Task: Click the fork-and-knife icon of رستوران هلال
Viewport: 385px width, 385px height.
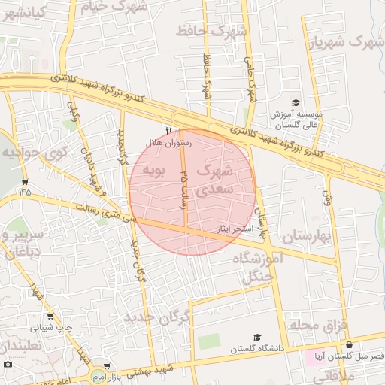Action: click(x=168, y=129)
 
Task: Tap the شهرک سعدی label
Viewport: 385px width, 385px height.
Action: click(x=216, y=181)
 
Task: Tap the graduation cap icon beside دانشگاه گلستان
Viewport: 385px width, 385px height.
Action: click(x=257, y=338)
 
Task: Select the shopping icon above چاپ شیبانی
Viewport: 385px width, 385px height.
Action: click(x=51, y=317)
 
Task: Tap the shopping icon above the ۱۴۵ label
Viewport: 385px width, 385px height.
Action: click(x=26, y=182)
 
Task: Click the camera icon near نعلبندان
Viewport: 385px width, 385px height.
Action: click(x=8, y=365)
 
